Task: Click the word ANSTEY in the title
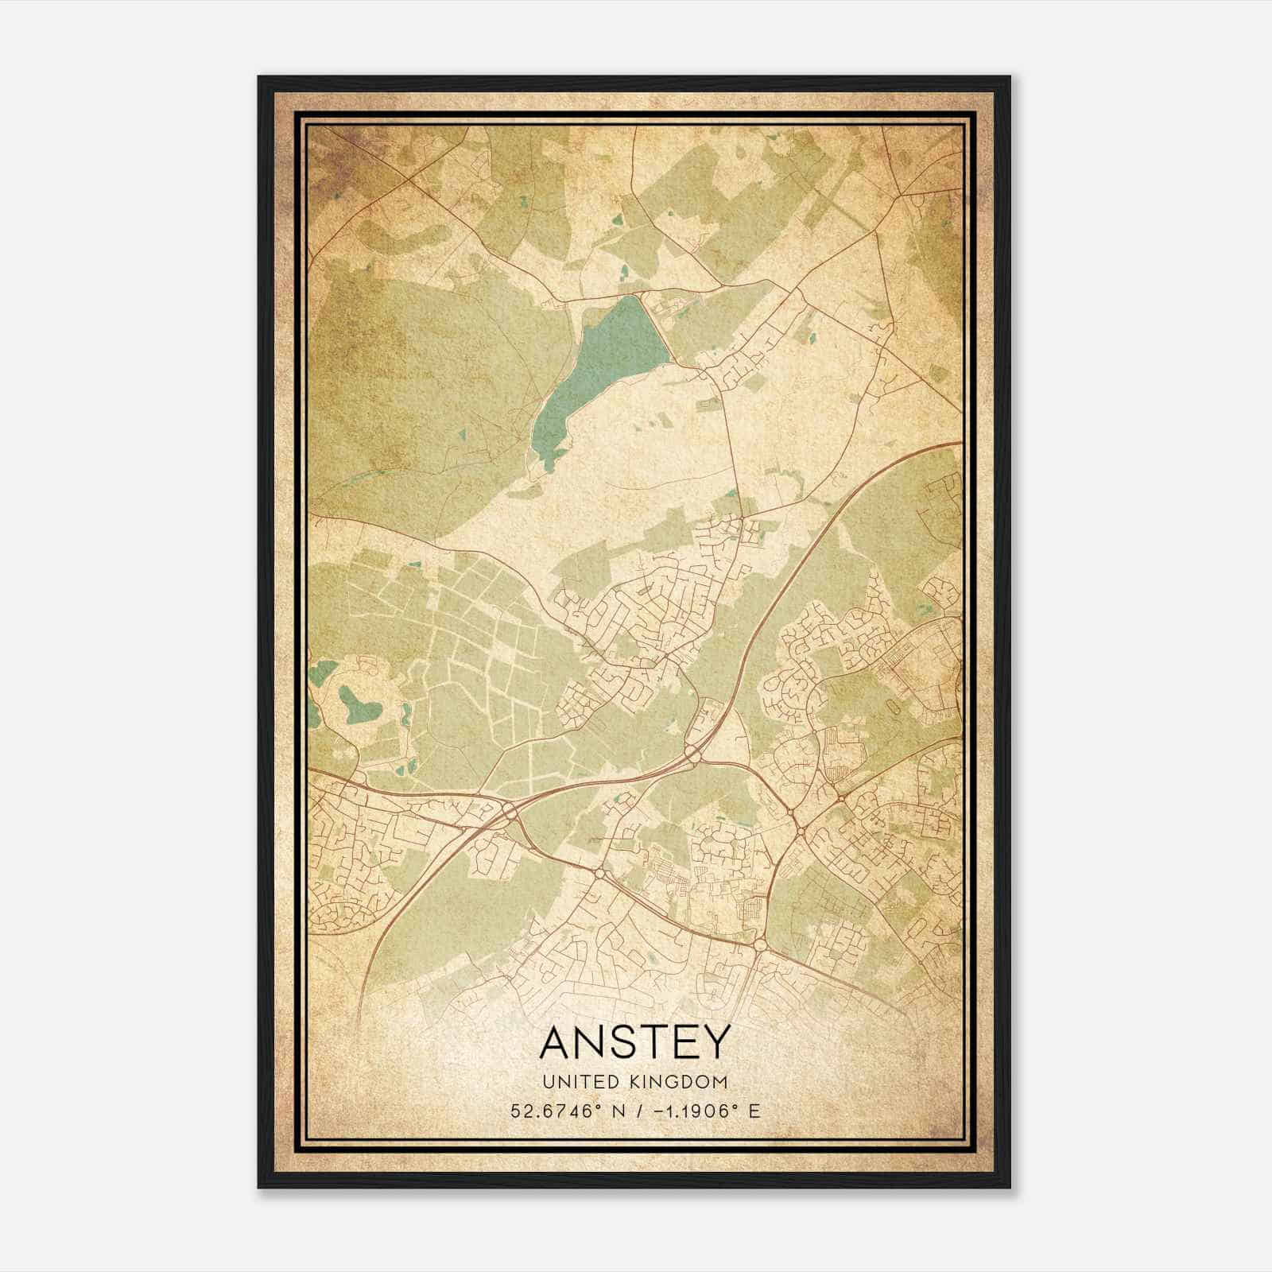(634, 1042)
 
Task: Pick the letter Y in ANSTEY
(713, 1042)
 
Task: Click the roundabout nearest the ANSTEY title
(759, 945)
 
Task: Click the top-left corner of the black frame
(259, 77)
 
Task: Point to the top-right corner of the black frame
(1009, 77)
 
